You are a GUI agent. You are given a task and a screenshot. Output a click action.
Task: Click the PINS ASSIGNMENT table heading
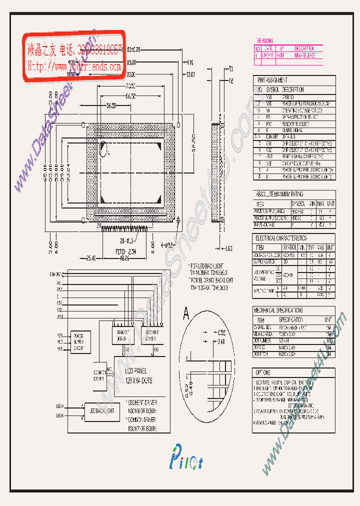[x=272, y=80]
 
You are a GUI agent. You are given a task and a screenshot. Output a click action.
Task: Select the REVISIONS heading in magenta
[x=264, y=40]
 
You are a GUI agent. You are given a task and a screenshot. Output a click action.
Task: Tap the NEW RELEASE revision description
[x=305, y=56]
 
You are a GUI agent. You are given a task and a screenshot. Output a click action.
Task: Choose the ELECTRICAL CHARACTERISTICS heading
[x=281, y=238]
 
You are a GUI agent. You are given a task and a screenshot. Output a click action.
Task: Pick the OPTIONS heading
[x=263, y=373]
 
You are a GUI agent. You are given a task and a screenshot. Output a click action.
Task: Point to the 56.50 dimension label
[x=111, y=105]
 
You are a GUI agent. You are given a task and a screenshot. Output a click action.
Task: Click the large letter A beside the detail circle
[x=186, y=314]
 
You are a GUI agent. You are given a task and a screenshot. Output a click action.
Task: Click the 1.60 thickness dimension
[x=228, y=248]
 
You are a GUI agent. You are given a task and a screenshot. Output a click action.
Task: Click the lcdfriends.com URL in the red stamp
[x=74, y=65]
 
